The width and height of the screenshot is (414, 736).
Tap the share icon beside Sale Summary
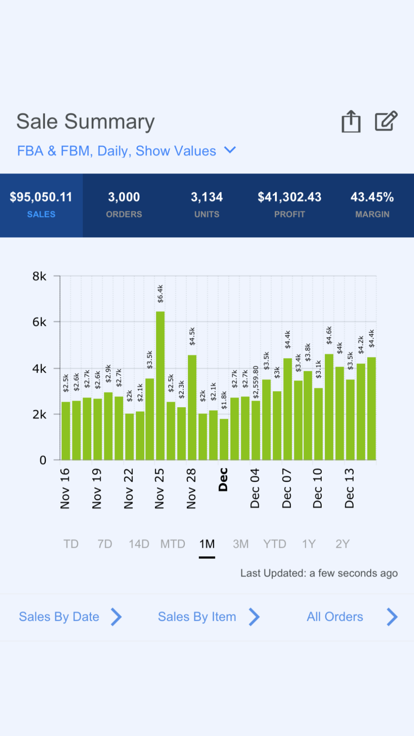tap(351, 121)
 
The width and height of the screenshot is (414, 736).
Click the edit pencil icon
tap(386, 121)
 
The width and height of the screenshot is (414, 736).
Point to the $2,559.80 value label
tap(256, 382)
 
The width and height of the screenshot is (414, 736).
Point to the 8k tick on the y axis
tap(39, 276)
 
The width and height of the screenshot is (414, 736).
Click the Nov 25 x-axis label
tap(159, 488)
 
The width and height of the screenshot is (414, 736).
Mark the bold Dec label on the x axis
tap(223, 480)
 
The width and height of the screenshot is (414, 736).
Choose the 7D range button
tap(105, 544)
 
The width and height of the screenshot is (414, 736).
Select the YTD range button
tap(275, 544)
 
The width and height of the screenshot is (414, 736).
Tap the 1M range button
tap(207, 544)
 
